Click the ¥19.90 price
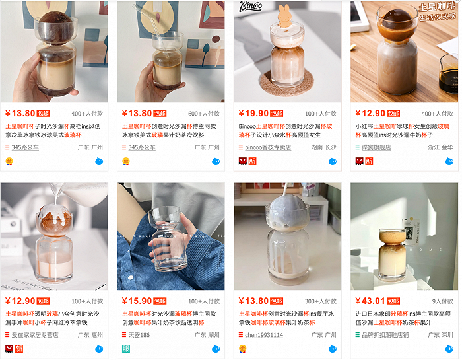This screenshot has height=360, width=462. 253,113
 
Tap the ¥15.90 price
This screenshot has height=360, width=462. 137,301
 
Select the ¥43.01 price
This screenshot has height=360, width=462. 370,301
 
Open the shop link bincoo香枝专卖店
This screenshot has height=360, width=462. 268,147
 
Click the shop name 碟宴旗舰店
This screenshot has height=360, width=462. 376,147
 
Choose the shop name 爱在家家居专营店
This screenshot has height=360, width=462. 37,335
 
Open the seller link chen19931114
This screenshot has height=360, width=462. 264,335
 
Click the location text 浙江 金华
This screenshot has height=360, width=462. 440,147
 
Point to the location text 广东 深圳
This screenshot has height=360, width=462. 440,335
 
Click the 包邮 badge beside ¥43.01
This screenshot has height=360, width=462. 393,301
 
